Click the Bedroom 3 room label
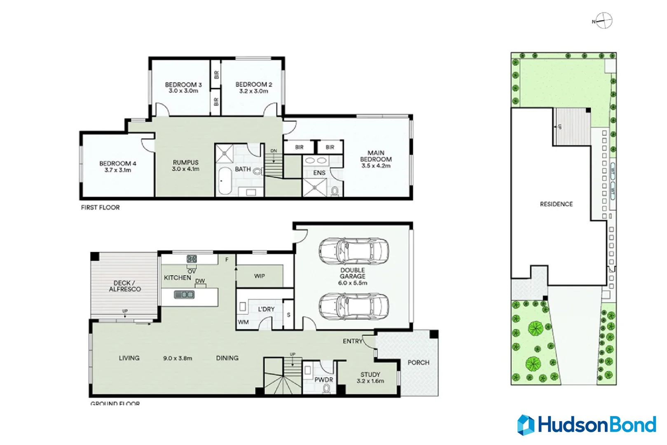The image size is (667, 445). pyautogui.click(x=183, y=84)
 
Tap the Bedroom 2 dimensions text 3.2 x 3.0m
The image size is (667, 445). pyautogui.click(x=253, y=91)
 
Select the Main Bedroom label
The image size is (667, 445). pyautogui.click(x=376, y=156)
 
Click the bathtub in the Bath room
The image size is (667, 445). pyautogui.click(x=225, y=180)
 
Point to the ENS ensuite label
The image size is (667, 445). pyautogui.click(x=319, y=173)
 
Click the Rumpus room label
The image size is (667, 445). pyautogui.click(x=185, y=162)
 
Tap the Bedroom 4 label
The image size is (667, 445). pyautogui.click(x=117, y=164)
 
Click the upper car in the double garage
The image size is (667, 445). pyautogui.click(x=353, y=251)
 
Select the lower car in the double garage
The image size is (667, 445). pyautogui.click(x=353, y=307)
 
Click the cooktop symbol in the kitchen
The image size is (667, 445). pyautogui.click(x=192, y=259)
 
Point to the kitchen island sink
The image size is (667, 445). pyautogui.click(x=184, y=295)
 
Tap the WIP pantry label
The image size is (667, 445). pyautogui.click(x=259, y=276)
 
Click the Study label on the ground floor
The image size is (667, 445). pyautogui.click(x=370, y=375)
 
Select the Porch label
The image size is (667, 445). pyautogui.click(x=418, y=363)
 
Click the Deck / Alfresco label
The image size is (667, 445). pyautogui.click(x=124, y=286)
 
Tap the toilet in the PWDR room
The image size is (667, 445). pyautogui.click(x=327, y=388)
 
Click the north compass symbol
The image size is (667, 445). pyautogui.click(x=604, y=21)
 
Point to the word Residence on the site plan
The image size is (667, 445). pyautogui.click(x=556, y=204)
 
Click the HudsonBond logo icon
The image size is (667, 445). pyautogui.click(x=526, y=425)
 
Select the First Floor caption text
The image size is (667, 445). pyautogui.click(x=100, y=208)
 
